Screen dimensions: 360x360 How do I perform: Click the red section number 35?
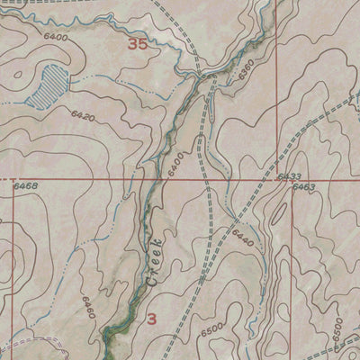(x=137, y=44)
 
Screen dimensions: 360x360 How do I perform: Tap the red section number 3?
(x=151, y=319)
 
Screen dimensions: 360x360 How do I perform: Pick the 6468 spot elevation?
(x=26, y=186)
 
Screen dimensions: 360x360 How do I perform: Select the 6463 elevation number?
(x=304, y=187)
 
